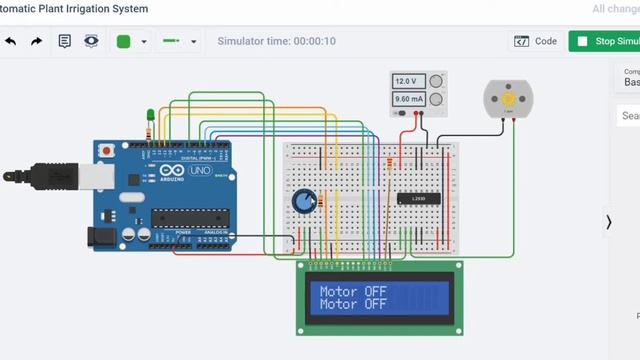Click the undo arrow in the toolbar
coord(11,42)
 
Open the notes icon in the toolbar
coord(65,42)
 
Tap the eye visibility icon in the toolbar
coord(91,42)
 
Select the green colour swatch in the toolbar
coord(124,42)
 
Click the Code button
coord(536,42)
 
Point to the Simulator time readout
coord(277,42)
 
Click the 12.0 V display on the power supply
coord(406,81)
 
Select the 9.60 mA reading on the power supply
coord(408,100)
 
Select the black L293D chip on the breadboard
coord(417,198)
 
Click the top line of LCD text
coord(353,292)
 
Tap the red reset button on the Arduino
coord(107,151)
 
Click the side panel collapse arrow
coord(608,222)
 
